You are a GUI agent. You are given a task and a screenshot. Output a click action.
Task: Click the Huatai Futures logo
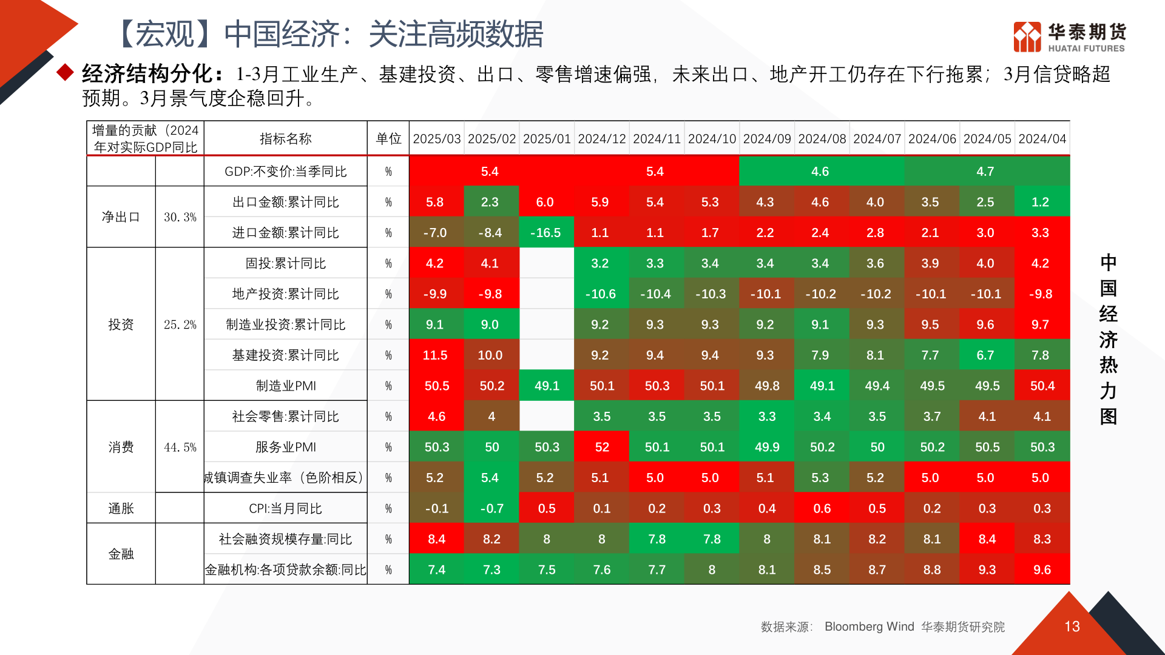[1069, 37]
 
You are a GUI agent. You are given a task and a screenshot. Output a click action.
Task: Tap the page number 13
[1072, 626]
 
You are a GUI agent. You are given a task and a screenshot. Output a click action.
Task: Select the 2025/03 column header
[437, 139]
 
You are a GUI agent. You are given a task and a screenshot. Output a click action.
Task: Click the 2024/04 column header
[1042, 139]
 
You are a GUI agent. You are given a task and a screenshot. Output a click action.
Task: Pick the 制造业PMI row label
[286, 386]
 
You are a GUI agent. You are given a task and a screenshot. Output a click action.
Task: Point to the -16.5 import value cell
[545, 233]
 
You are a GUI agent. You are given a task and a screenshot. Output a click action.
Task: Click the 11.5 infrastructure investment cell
[435, 355]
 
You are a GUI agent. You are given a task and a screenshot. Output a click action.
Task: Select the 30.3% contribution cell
[180, 217]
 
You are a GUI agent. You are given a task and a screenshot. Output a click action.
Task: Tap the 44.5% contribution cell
[180, 448]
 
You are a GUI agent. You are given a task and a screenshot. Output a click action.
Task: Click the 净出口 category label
[121, 217]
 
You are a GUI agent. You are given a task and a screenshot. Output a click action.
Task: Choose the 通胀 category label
[121, 509]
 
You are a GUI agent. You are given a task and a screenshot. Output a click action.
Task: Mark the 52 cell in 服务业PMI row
[602, 448]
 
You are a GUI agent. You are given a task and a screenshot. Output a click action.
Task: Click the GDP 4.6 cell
[820, 172]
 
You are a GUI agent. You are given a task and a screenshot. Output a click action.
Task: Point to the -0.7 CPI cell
[491, 509]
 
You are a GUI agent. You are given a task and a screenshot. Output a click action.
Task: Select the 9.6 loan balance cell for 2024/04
[1042, 570]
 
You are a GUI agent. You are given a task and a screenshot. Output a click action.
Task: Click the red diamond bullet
[65, 73]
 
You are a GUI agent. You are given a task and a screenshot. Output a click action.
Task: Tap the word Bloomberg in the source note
[853, 626]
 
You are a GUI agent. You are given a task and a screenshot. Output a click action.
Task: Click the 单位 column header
[388, 139]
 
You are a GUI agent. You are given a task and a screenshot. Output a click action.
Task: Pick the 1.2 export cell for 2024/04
[1040, 203]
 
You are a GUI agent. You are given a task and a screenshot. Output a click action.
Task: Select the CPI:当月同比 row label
[286, 509]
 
